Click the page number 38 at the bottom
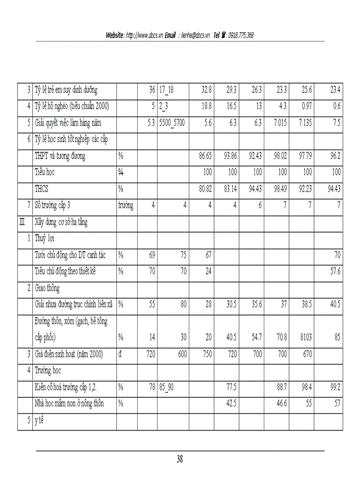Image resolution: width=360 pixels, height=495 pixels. [180, 459]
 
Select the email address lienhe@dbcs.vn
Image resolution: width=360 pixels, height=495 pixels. [195, 35]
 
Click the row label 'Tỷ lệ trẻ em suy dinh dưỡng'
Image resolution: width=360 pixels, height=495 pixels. [66, 90]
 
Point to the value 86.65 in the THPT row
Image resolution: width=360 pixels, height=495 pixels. [203, 156]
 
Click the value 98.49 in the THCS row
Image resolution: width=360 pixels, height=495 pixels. [278, 189]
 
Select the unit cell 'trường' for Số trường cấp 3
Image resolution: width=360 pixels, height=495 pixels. [126, 205]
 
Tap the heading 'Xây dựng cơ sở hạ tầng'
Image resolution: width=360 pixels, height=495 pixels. [61, 222]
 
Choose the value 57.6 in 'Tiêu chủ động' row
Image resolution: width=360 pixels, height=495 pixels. [335, 272]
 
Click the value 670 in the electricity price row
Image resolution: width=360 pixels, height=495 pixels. [305, 354]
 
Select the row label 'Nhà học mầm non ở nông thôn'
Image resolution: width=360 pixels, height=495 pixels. [69, 403]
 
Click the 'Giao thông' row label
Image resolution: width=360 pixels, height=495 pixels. [47, 288]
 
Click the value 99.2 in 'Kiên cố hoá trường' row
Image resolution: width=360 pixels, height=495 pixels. [335, 387]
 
